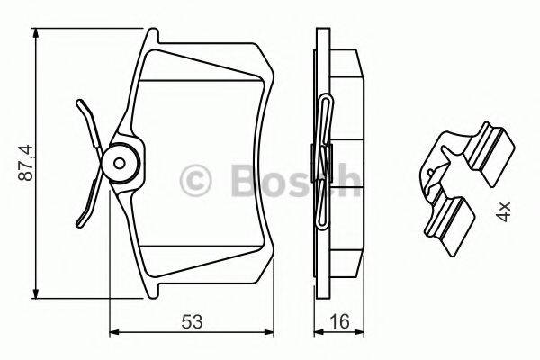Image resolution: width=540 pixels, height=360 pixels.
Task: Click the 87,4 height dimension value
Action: click(x=26, y=162)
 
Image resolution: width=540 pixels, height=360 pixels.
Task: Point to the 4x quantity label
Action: click(x=504, y=212)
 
